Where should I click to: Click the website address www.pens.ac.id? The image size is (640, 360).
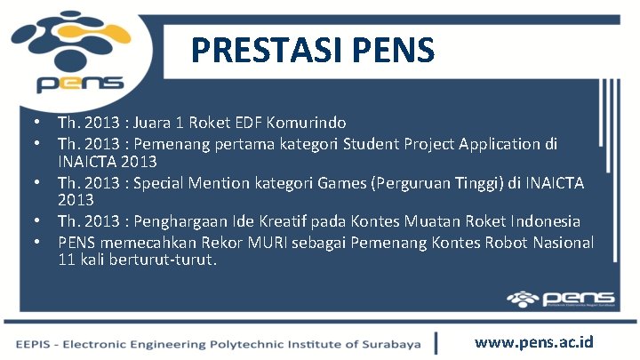[533, 342]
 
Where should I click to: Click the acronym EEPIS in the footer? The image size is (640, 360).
[34, 344]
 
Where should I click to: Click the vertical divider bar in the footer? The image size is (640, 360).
[436, 343]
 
